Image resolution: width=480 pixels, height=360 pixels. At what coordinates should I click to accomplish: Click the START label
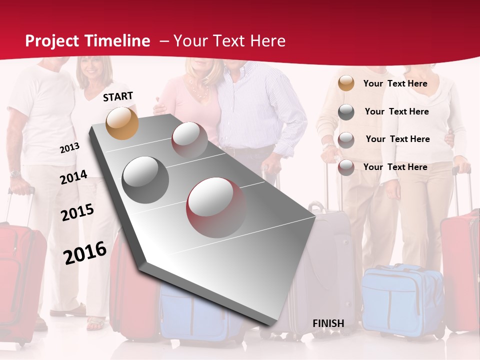(118, 96)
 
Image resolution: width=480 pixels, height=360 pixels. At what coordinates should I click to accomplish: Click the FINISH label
(328, 323)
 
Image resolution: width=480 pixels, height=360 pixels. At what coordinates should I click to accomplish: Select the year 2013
(69, 148)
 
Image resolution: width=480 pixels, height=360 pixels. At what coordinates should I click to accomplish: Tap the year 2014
(73, 177)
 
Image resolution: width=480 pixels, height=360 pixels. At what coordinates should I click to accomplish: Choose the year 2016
(85, 253)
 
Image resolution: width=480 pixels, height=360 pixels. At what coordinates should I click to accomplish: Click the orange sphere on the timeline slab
(122, 123)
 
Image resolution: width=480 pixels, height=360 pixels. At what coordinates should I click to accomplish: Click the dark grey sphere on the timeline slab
(145, 180)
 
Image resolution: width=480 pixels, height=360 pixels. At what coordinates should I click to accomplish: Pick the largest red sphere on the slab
(216, 207)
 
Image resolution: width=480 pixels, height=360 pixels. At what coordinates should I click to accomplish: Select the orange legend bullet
(346, 83)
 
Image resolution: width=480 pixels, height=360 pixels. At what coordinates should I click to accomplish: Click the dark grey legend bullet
(346, 112)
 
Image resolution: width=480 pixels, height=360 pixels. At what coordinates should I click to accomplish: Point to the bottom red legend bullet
(346, 167)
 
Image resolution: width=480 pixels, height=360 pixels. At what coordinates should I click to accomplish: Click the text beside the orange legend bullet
(395, 83)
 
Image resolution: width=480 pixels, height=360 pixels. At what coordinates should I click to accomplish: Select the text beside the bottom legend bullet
(395, 167)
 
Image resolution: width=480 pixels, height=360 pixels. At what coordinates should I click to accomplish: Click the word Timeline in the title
(118, 41)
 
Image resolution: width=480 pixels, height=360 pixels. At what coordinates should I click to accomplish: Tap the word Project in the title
(51, 41)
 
